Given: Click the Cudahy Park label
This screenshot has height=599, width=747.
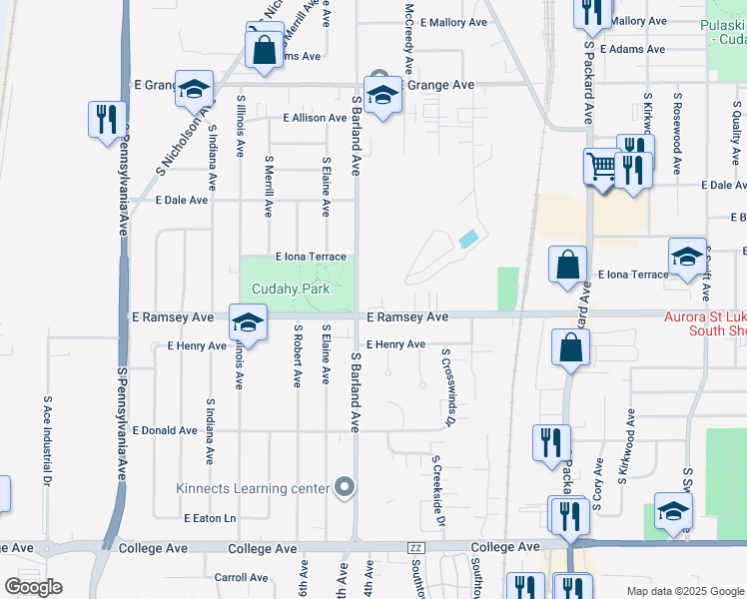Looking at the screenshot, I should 291,290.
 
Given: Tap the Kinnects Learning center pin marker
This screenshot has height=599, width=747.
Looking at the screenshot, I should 346,488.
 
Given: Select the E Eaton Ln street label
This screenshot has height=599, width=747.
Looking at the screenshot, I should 210,518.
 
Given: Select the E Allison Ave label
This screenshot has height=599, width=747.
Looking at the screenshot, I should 315,118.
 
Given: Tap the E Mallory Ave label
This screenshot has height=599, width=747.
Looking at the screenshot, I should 453,21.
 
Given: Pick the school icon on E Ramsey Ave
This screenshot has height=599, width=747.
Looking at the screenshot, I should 247,321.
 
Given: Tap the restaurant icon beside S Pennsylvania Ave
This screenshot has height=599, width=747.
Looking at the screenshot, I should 105,119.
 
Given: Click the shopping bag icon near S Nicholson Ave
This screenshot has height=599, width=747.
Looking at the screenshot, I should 264,49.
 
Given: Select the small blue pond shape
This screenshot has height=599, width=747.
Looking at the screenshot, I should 467,239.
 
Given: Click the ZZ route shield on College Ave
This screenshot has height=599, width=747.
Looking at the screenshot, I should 416,548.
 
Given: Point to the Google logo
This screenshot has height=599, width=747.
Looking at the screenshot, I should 33,587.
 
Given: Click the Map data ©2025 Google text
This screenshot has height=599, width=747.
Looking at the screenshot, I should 685,591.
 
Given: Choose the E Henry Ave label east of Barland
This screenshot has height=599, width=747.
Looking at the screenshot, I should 395,344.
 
